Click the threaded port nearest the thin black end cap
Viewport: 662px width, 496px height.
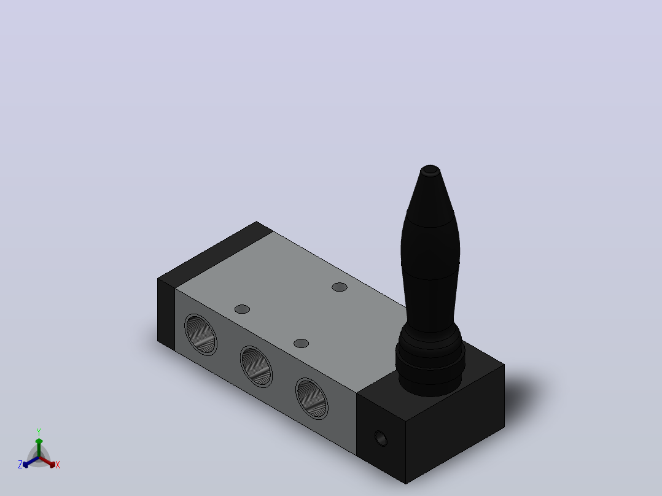pyautogui.click(x=201, y=335)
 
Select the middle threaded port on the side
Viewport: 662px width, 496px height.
pyautogui.click(x=256, y=366)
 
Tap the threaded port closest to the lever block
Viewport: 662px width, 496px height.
pyautogui.click(x=311, y=398)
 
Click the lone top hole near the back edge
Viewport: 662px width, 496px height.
pyautogui.click(x=340, y=287)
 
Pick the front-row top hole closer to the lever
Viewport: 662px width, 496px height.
pyautogui.click(x=301, y=344)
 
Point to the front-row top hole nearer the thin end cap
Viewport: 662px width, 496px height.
pyautogui.click(x=242, y=309)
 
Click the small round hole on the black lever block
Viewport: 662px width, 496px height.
pyautogui.click(x=381, y=438)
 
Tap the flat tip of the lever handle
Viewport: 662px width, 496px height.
pyautogui.click(x=430, y=169)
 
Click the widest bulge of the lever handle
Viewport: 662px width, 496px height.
pyautogui.click(x=430, y=252)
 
